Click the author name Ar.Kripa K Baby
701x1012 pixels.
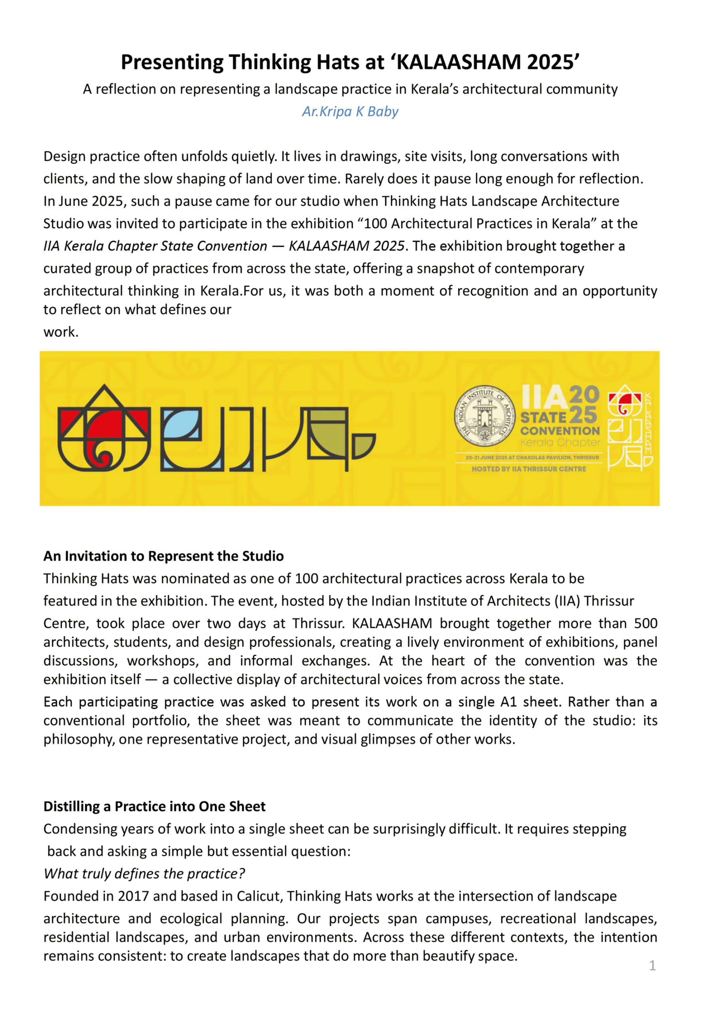coord(350,111)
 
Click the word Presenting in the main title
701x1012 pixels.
coord(172,62)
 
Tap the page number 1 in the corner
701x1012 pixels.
coord(652,965)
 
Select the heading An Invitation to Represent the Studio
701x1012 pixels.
coord(163,556)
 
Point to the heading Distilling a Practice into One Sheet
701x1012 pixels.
coord(154,806)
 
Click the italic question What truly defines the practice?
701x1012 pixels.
coord(144,873)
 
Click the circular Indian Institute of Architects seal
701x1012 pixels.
coord(484,416)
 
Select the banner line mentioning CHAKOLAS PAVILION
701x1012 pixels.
coord(532,457)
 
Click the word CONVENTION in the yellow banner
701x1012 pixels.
coord(560,431)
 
